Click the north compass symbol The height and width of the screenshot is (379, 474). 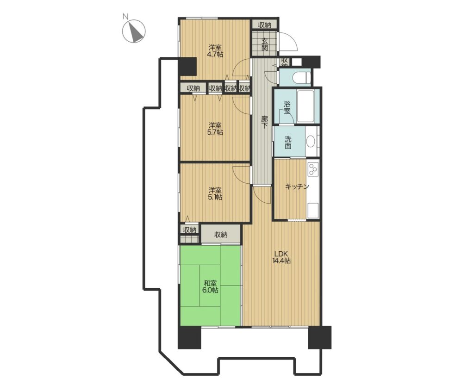134,31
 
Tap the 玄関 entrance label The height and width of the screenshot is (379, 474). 264,44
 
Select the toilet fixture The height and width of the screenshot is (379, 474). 302,77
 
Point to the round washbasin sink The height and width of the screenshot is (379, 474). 311,141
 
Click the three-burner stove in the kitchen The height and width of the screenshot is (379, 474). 313,169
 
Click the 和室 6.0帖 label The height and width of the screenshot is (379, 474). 210,286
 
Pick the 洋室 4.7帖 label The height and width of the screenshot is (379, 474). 215,51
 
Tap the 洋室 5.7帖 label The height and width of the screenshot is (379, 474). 215,129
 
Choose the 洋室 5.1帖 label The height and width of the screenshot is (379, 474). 215,193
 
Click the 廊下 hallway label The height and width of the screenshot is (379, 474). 264,122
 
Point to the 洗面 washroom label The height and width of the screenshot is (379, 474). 288,143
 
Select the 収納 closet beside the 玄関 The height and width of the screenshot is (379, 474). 264,25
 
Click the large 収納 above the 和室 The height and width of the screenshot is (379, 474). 221,234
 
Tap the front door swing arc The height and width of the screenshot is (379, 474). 290,40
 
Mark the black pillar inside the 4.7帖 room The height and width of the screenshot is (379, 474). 188,67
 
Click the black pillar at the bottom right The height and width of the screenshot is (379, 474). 319,337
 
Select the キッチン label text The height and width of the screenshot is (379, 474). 297,186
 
